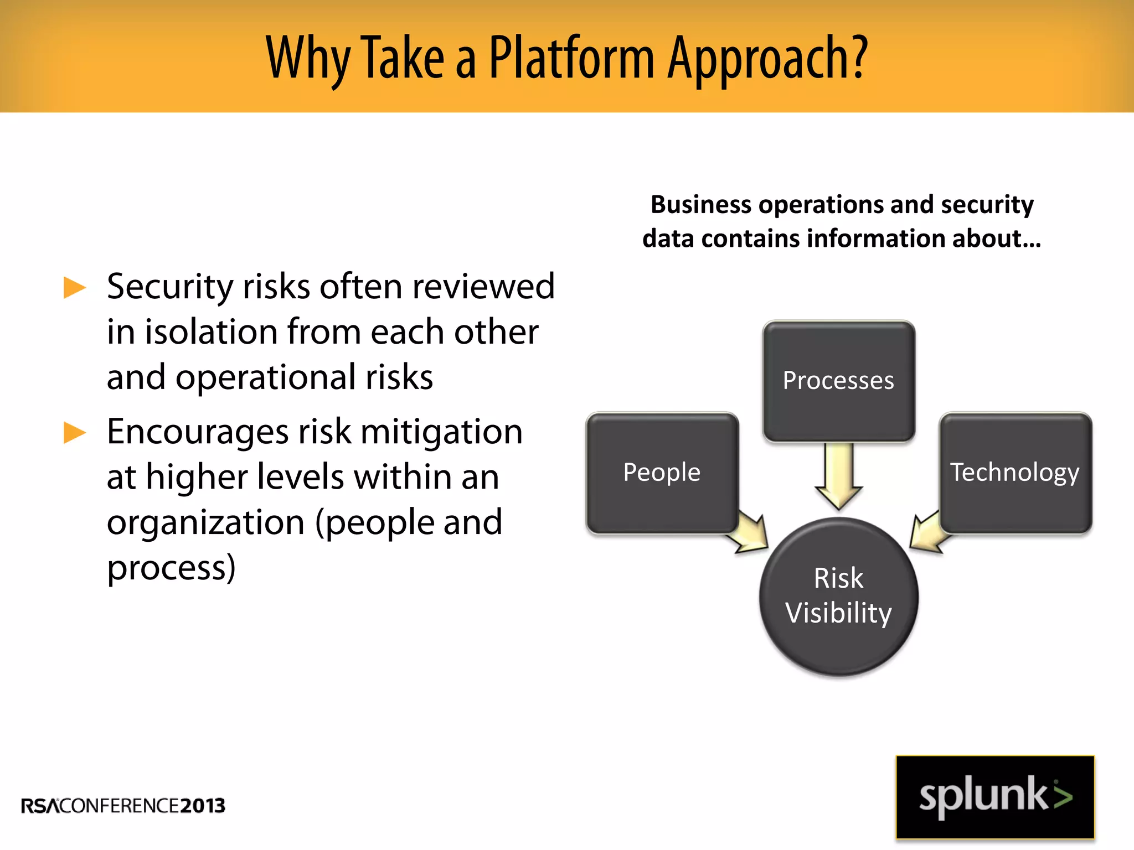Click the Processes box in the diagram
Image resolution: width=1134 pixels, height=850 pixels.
[838, 381]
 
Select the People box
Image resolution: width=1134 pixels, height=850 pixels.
[662, 473]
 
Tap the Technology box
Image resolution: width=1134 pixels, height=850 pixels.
[1016, 473]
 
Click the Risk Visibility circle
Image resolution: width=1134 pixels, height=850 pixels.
[838, 597]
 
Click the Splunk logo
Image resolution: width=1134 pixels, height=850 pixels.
[995, 797]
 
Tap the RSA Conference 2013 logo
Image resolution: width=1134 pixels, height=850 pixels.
[123, 806]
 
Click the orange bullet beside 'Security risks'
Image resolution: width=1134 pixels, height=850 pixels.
[75, 288]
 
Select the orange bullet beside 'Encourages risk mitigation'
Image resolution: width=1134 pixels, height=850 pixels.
[75, 433]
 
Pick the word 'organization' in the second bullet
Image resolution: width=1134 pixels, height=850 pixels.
[205, 523]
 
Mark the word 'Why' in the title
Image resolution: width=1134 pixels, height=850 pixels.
[307, 58]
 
